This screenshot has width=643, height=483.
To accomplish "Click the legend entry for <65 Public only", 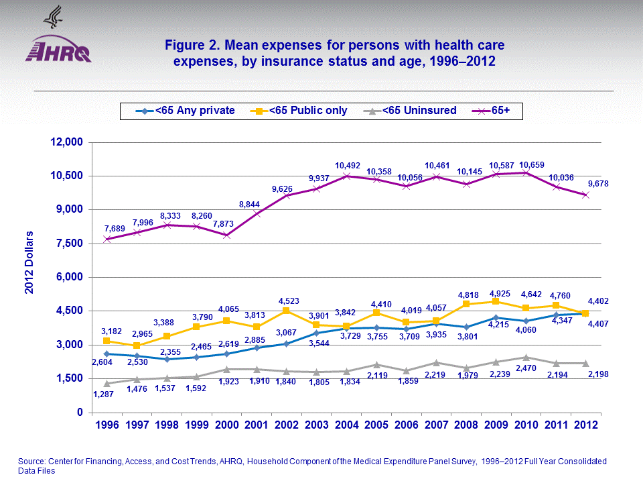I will coord(303,110).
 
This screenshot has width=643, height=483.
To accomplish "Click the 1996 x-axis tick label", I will coord(106,425).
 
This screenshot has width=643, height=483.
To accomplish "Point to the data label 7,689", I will coord(108,228).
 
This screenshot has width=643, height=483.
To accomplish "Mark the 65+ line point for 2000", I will coord(226,235).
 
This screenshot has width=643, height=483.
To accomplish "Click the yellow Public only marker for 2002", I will coord(286,311).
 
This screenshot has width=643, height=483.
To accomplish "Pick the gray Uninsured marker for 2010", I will coord(526,357).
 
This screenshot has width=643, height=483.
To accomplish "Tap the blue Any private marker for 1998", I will coord(166,359).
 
